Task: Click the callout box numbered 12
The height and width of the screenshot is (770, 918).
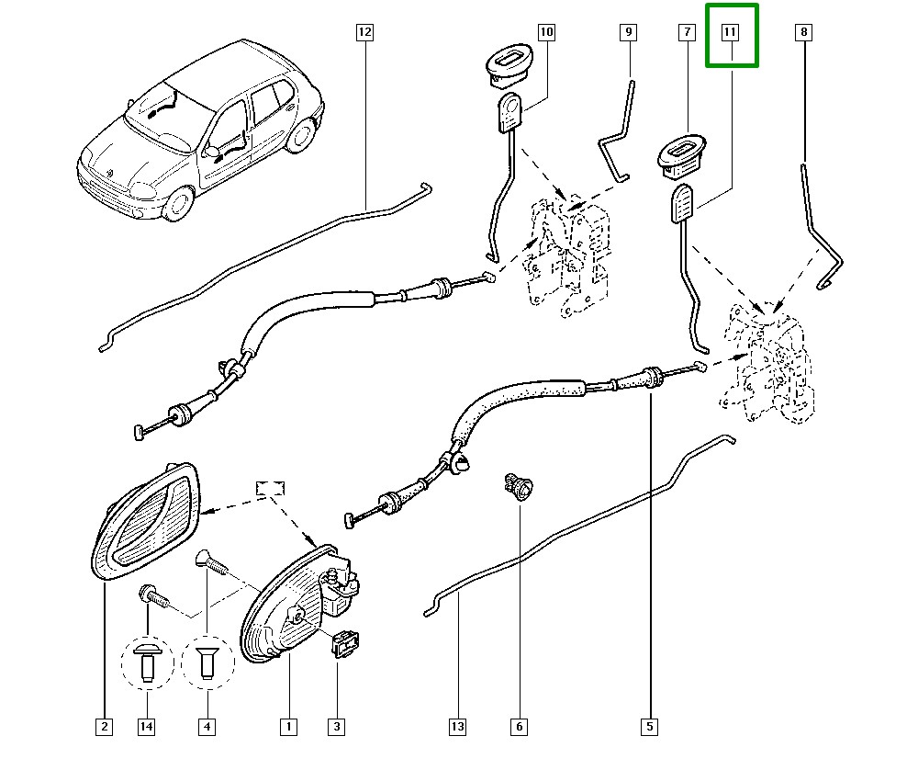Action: click(x=364, y=33)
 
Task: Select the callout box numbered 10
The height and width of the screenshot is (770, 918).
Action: click(x=546, y=33)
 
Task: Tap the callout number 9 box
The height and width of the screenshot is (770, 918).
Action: click(x=629, y=33)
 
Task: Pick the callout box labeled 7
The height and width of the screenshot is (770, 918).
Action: click(x=686, y=33)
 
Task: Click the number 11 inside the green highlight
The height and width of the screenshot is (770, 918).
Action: click(x=731, y=33)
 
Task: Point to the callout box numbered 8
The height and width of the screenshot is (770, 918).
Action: click(x=804, y=33)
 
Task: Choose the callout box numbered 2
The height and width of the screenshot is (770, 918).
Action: click(x=104, y=727)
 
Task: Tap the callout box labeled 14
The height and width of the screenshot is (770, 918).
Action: click(x=146, y=727)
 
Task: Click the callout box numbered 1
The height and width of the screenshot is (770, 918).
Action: click(x=288, y=727)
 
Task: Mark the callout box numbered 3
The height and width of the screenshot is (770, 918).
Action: click(x=336, y=727)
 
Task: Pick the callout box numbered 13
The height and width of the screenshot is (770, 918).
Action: click(x=457, y=727)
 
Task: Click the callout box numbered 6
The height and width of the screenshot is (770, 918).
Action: click(x=519, y=727)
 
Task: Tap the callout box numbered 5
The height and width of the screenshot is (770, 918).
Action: click(x=649, y=727)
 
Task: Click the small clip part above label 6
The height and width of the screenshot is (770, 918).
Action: click(x=518, y=485)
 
